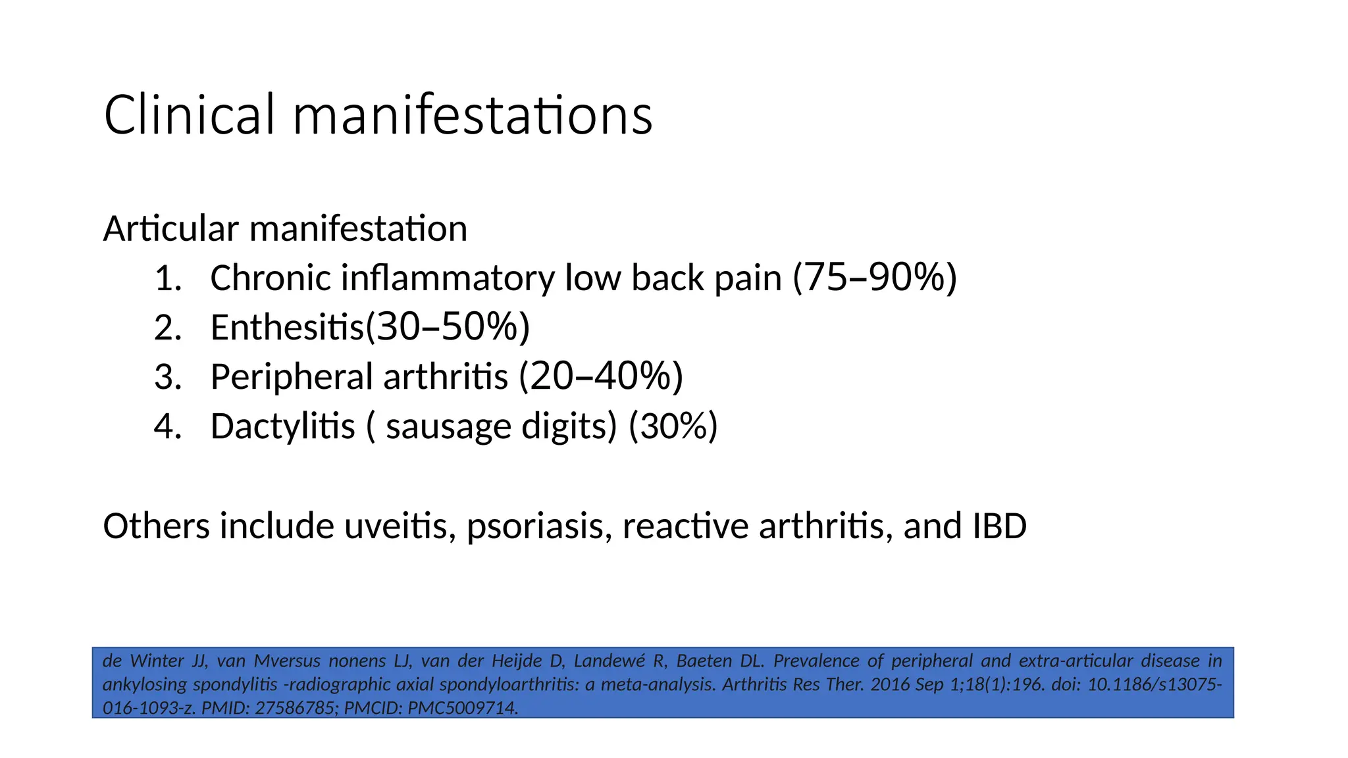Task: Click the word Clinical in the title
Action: click(x=189, y=115)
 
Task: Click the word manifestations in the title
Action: click(x=472, y=115)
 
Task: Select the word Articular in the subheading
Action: click(x=170, y=229)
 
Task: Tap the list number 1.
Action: click(x=167, y=278)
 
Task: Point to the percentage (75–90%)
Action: click(x=875, y=278)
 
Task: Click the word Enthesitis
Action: click(x=287, y=328)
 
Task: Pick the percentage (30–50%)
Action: click(x=448, y=327)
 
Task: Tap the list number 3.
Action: click(x=167, y=377)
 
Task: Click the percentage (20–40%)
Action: click(x=601, y=376)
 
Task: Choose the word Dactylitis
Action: click(x=282, y=426)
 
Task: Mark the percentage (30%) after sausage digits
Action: click(x=673, y=426)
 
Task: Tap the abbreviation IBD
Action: click(x=998, y=526)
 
